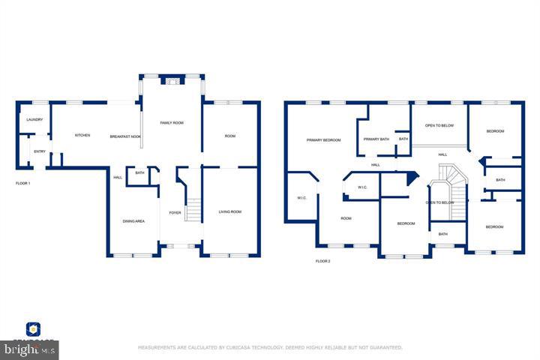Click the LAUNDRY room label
(34, 120)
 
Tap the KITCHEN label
(82, 136)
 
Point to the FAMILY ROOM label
(172, 122)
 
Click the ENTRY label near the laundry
(39, 152)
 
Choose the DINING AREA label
(133, 221)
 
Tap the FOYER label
(175, 213)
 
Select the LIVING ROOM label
(229, 212)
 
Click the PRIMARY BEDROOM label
(323, 140)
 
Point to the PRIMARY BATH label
(376, 139)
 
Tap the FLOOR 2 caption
(322, 261)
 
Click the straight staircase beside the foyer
(193, 209)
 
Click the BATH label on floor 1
(139, 173)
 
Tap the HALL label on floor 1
(118, 178)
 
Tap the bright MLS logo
(29, 349)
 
